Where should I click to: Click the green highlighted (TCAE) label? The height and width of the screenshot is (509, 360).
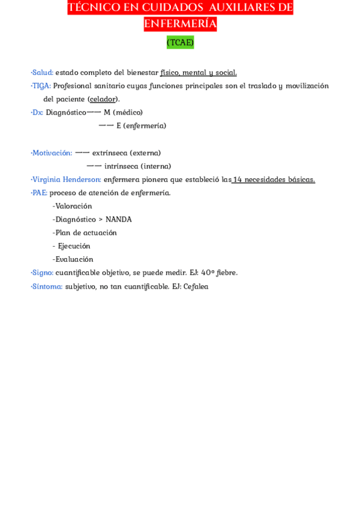tap(180, 42)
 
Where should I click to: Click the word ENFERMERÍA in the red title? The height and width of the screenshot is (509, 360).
tap(180, 24)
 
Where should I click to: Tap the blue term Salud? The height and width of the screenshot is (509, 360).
tap(43, 73)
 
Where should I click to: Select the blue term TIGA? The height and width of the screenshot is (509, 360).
tap(41, 86)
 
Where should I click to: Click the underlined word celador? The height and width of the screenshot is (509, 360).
tap(103, 99)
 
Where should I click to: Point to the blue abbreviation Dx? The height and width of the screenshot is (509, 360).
tap(37, 112)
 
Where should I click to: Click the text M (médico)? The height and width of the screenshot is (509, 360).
tap(123, 112)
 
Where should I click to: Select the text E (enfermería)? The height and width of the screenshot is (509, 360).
tap(142, 125)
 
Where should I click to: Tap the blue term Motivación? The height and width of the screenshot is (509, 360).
tap(52, 153)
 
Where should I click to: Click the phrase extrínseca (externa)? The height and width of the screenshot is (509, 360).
tap(127, 153)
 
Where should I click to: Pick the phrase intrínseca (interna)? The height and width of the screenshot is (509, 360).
tap(137, 166)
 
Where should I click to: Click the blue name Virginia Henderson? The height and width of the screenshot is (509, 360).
tap(67, 179)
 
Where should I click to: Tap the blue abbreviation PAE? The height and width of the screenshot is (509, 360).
tap(40, 193)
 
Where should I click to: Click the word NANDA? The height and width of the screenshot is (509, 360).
tap(119, 219)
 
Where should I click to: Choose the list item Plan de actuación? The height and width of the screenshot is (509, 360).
tap(86, 232)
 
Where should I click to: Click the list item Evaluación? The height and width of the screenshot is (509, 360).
tap(74, 259)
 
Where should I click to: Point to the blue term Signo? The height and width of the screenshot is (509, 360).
tap(43, 273)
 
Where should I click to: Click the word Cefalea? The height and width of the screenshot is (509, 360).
tap(196, 286)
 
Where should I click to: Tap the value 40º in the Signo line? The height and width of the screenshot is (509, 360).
tap(208, 273)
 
